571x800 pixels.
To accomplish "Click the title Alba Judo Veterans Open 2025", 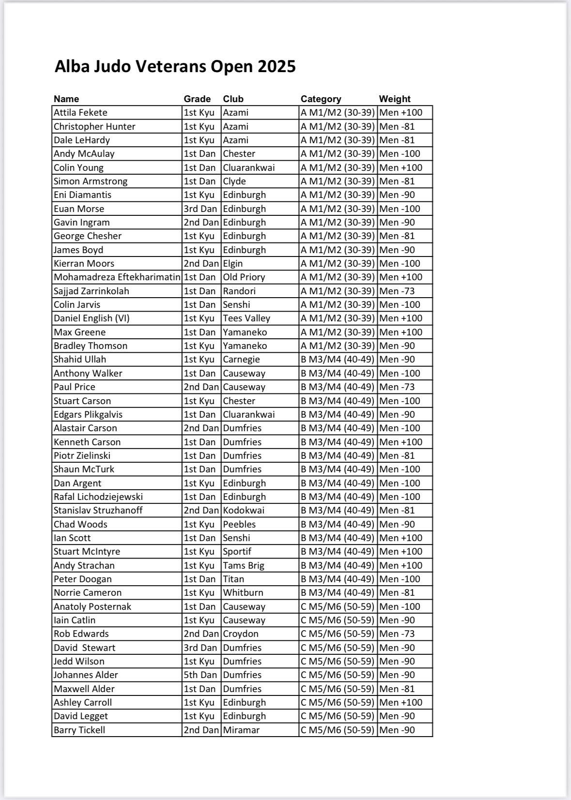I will tap(175, 66).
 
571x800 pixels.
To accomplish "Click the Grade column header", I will tap(197, 99).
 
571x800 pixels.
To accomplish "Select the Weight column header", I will tap(394, 99).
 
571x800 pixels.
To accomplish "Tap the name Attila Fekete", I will tap(80, 113).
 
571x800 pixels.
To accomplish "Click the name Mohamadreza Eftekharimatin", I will tap(117, 277).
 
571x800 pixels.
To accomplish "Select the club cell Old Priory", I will tap(244, 277).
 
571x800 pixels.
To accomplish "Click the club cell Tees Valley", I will tap(246, 318).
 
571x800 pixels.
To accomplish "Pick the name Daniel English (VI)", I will tap(92, 318).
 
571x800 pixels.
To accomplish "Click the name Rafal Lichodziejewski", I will tap(98, 497).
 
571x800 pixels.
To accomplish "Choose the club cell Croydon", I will tap(241, 634).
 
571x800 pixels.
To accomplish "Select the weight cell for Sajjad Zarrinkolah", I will tap(397, 291).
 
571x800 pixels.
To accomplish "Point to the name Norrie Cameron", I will tap(88, 593).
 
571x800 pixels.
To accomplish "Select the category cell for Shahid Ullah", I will tap(338, 360).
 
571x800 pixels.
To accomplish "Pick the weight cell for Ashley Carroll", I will tap(401, 703).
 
